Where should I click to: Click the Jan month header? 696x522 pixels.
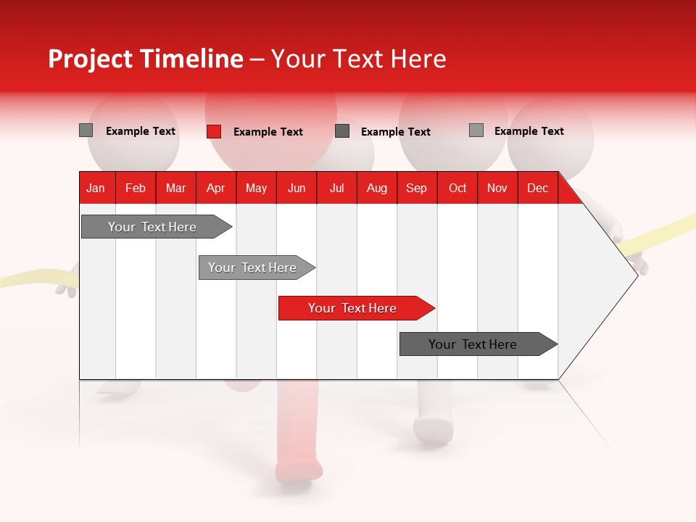pos(96,188)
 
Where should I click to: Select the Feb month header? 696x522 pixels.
pos(136,188)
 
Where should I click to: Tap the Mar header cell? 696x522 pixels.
pos(175,188)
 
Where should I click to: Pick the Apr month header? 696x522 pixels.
pos(216,188)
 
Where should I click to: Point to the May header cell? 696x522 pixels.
pos(256,188)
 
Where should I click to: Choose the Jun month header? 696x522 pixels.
pos(297,188)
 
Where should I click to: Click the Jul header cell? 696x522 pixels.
pos(336,188)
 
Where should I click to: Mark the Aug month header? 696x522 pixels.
pos(377,188)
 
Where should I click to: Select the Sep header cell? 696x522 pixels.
pos(417,188)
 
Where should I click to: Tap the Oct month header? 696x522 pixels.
pos(457,188)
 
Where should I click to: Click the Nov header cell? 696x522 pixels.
pos(497,188)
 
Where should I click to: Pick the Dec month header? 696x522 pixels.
pos(538,188)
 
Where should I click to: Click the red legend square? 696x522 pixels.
pos(213,131)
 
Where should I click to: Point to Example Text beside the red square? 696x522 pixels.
pos(268,132)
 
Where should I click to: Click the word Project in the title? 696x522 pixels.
pos(90,59)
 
